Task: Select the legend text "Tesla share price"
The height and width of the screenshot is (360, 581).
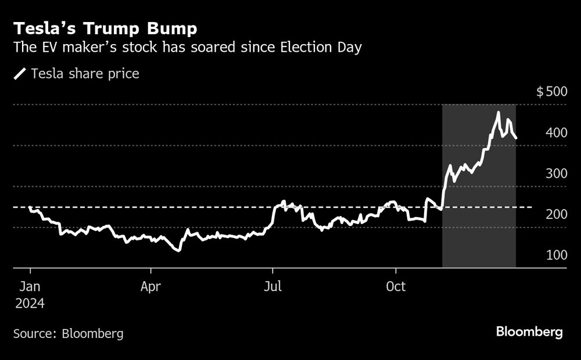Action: coord(85,74)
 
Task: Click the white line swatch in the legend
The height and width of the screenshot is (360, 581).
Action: coord(20,74)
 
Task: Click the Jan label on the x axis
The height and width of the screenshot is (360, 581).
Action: coord(30,287)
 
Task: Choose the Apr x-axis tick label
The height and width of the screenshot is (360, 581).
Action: coord(151,287)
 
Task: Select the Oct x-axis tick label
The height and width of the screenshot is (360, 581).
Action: coord(396,287)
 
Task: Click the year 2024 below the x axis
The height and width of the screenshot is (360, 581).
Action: coord(30,303)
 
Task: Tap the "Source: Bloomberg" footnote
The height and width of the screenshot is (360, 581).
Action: coord(68,333)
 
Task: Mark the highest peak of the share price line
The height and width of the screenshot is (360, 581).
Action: coord(498,112)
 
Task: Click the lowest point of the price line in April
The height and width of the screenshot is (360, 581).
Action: coord(179,250)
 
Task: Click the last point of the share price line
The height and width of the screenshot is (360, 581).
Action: coord(517,138)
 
